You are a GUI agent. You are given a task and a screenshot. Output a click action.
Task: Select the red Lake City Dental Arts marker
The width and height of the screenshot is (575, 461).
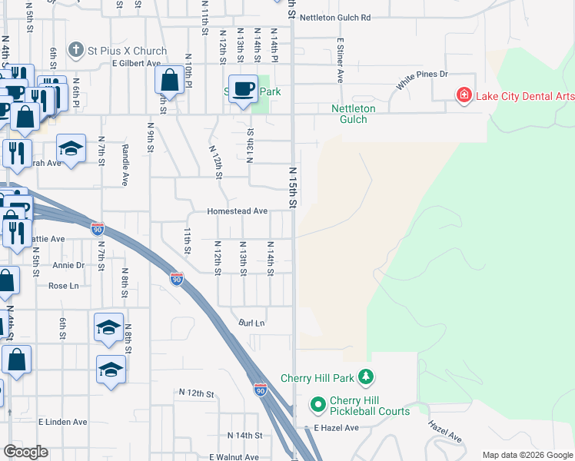464,95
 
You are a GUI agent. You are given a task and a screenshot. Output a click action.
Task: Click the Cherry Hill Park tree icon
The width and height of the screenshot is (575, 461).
367,377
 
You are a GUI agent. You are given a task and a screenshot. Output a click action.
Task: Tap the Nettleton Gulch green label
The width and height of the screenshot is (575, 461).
354,114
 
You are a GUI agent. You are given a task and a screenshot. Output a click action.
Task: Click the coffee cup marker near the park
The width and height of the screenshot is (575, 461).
244,88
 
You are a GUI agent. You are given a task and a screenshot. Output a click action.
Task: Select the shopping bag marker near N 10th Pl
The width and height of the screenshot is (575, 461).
168,80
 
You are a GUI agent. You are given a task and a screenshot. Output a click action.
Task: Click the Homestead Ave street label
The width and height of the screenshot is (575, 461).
237,211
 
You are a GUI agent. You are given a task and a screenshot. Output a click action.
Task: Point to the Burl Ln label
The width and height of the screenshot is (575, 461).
251,323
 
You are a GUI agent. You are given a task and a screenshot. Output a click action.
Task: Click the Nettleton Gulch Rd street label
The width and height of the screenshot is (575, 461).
335,17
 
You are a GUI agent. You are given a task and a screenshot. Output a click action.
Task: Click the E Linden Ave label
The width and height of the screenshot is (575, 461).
63,422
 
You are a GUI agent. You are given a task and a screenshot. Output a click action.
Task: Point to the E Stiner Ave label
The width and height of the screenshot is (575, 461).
339,61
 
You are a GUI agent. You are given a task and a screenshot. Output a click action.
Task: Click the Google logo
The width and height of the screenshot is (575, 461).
25,452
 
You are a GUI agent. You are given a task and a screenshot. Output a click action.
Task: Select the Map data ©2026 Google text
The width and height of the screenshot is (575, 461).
527,455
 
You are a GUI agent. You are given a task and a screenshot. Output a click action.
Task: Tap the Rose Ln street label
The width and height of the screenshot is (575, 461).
64,286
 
